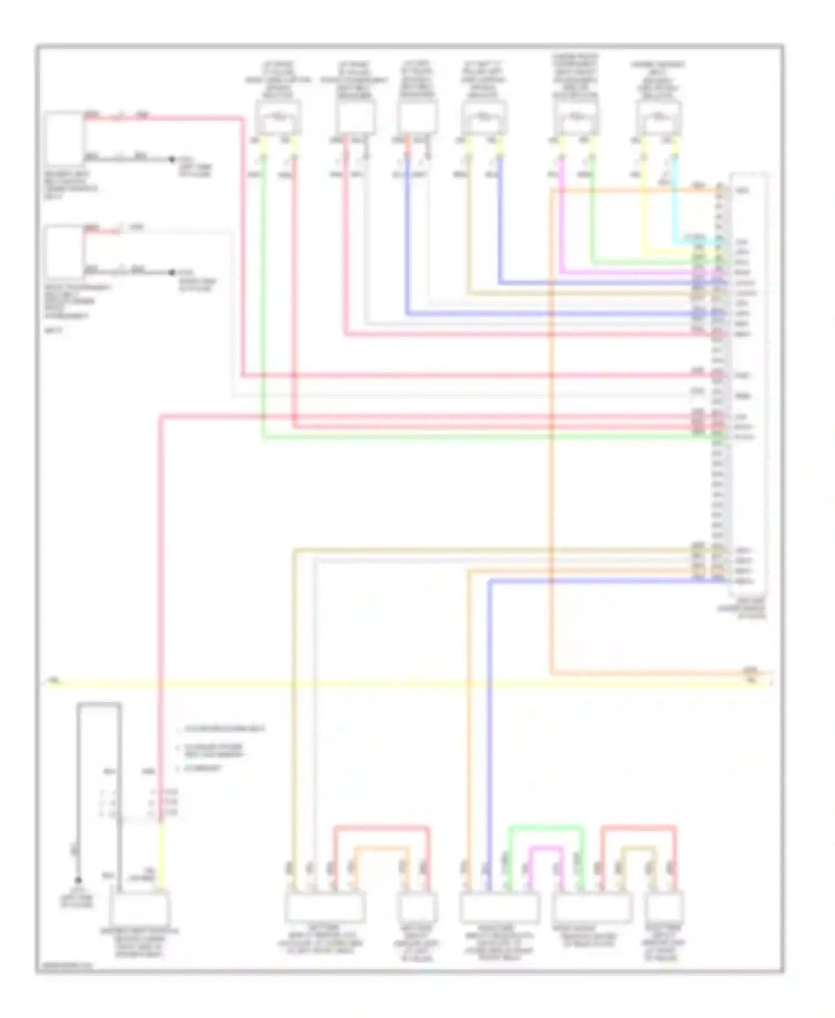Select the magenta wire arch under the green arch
(x=546, y=848)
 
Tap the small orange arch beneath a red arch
(x=381, y=849)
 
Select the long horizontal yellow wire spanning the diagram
(x=390, y=683)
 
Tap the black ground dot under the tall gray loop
(x=78, y=880)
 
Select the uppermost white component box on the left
(x=64, y=136)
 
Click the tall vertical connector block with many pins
(x=749, y=384)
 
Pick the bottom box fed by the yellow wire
(x=139, y=909)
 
